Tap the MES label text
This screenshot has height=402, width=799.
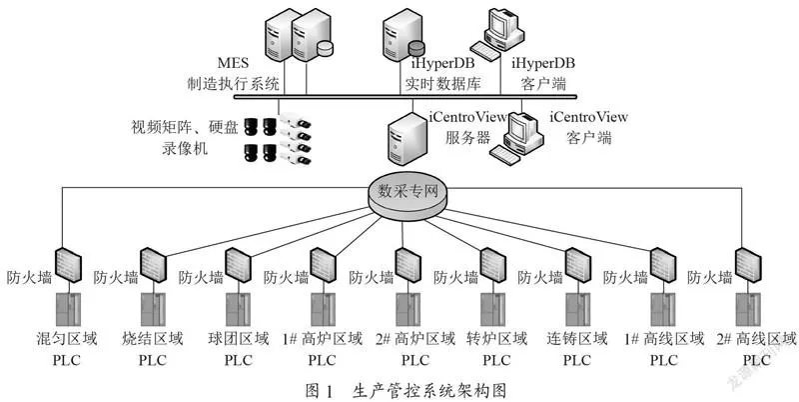pos(234,63)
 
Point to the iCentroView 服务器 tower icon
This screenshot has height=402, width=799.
pos(406,138)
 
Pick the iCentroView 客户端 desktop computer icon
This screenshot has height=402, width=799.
pos(514,137)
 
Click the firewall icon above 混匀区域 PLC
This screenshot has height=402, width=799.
pos(68,264)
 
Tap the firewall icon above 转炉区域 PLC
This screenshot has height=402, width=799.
pos(493,265)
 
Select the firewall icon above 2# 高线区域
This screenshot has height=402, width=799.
pos(748,265)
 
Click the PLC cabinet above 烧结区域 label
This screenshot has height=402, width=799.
pos(154,310)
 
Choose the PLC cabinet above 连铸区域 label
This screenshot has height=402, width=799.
pos(578,310)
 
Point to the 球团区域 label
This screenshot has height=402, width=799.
pos(239,339)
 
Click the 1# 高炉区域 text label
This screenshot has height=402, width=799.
pos(322,339)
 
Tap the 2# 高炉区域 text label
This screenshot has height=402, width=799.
pos(415,339)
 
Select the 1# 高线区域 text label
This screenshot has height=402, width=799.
pos(664,339)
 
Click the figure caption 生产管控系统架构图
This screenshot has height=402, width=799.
pos(429,391)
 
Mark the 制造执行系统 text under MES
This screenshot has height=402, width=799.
pos(234,83)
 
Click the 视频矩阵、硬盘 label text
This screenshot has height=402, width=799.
pos(185,127)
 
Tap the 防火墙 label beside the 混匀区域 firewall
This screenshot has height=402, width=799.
pos(29,278)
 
